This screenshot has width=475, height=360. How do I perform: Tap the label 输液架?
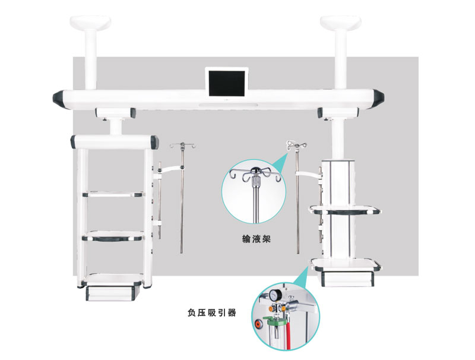(x=256, y=239)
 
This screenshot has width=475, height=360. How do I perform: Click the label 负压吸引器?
(x=212, y=312)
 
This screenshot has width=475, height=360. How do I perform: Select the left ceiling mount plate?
(x=90, y=23)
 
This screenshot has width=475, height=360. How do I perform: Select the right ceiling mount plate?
(x=340, y=23)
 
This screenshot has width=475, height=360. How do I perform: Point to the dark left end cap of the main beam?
(x=58, y=98)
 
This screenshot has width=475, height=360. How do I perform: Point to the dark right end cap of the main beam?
(x=378, y=97)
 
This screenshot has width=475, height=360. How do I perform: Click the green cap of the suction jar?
(x=274, y=318)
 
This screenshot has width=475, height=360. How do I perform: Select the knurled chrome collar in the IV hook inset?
(x=256, y=182)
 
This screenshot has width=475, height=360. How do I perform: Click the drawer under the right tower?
(x=347, y=277)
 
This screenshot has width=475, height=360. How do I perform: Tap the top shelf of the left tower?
(x=113, y=194)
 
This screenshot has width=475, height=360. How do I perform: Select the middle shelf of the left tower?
(x=113, y=236)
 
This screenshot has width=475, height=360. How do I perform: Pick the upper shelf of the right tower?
(x=344, y=209)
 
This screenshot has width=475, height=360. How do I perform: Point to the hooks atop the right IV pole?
(x=296, y=144)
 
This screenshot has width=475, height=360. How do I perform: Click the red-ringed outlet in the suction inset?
(x=258, y=323)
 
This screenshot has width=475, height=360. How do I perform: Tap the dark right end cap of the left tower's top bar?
(x=154, y=142)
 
